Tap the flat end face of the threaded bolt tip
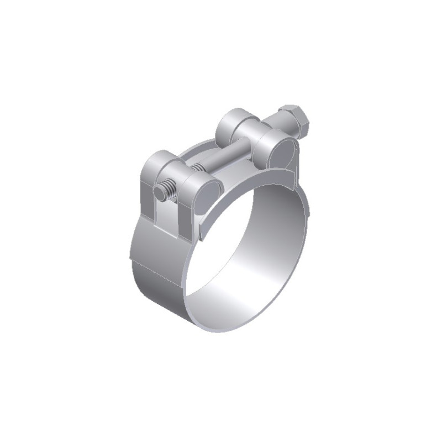[x=159, y=193]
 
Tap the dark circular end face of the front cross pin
[x=206, y=195]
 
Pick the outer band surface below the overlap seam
[x=160, y=293]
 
